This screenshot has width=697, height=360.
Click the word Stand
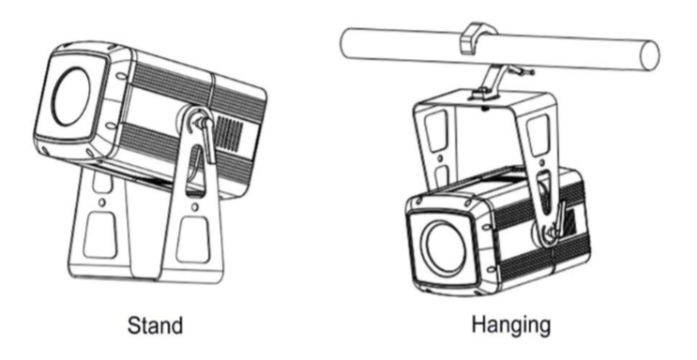coord(155,325)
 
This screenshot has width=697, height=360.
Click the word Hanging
coord(510,325)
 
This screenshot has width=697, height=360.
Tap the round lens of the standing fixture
coord(71,96)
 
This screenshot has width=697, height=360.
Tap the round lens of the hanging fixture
coord(445,247)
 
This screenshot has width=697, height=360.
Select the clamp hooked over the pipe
coord(476,38)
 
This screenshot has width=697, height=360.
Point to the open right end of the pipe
coord(649,55)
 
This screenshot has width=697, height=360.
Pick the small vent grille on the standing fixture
coord(229,132)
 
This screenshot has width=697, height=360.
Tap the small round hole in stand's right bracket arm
coord(195,207)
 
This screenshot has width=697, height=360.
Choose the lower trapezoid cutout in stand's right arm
coord(193,240)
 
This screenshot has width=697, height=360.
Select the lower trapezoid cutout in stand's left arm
coord(101,234)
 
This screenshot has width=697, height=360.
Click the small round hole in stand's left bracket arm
coord(102,202)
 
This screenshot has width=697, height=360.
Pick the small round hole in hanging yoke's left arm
coord(440,158)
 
